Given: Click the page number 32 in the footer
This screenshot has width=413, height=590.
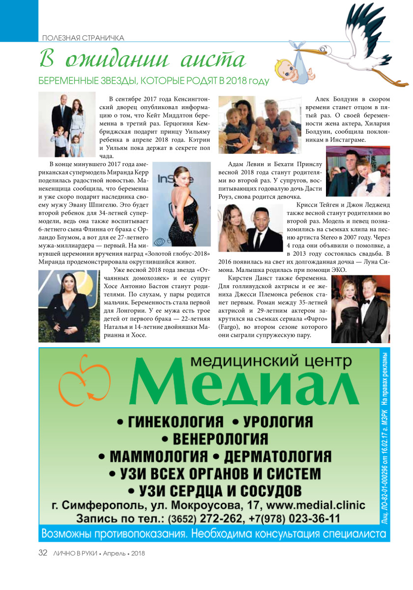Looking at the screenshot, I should (x=43, y=553).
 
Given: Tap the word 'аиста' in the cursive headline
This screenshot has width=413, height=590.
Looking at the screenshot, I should (x=213, y=59).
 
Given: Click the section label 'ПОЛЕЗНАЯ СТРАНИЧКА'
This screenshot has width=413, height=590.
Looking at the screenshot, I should (x=83, y=38).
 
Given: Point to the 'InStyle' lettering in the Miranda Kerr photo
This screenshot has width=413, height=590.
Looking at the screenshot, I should (x=167, y=181).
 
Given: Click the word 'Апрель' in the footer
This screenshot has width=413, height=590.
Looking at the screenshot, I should (x=118, y=553).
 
